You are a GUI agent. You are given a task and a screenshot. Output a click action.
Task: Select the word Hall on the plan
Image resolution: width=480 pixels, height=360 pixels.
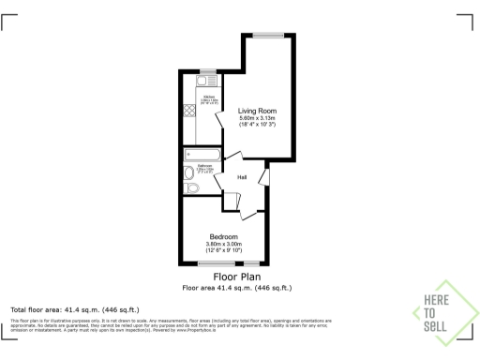click(x=242, y=177)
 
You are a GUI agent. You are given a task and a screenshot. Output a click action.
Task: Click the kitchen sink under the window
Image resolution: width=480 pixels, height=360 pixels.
click(x=205, y=82)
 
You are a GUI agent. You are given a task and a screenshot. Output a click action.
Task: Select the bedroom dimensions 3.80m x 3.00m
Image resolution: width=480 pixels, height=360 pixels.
click(x=224, y=244)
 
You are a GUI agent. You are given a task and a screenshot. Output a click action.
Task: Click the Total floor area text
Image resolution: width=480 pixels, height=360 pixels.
click(x=75, y=309)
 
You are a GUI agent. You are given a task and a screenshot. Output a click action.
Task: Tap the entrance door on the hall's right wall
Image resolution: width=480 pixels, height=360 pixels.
click(x=266, y=175)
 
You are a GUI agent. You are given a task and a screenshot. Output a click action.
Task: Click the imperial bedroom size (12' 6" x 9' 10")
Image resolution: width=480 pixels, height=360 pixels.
click(x=224, y=250)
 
